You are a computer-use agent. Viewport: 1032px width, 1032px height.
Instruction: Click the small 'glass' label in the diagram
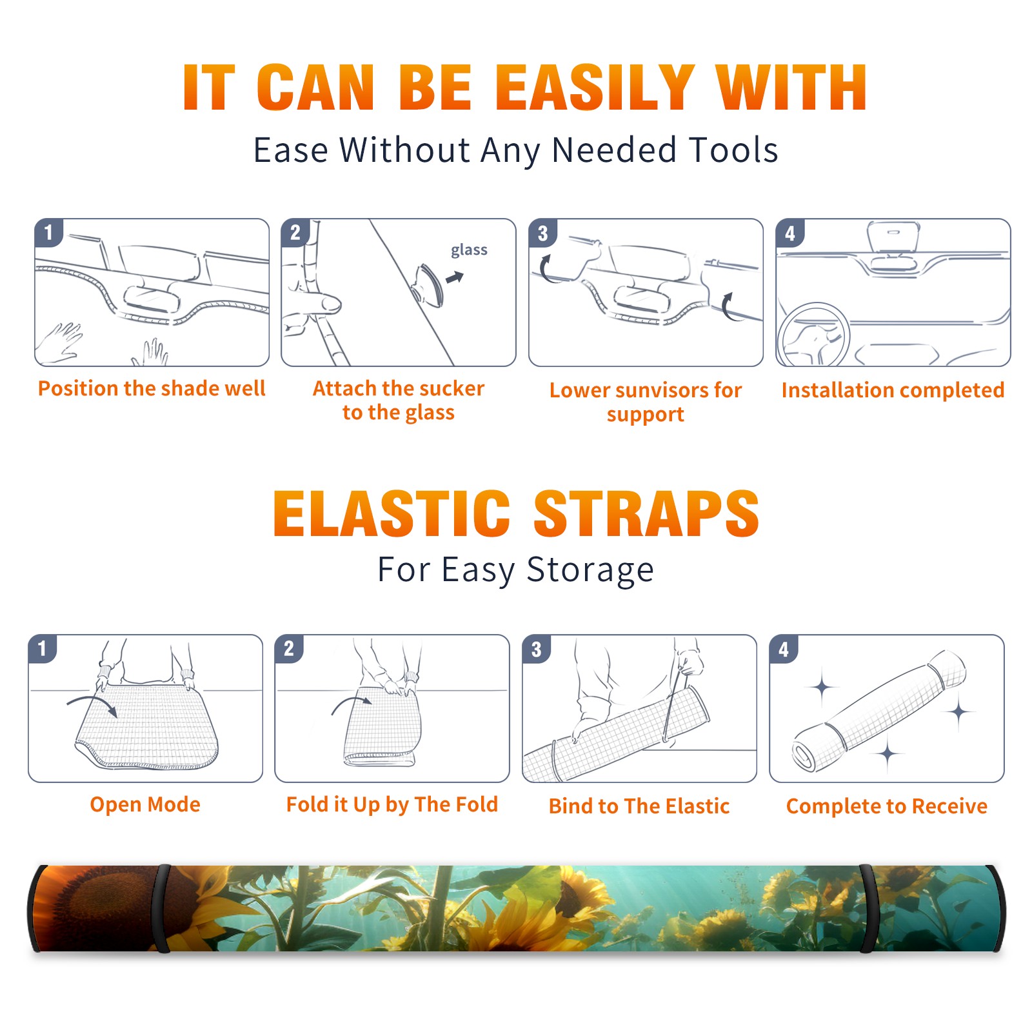[469, 250]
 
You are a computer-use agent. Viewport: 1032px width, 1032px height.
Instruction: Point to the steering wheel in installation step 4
[813, 335]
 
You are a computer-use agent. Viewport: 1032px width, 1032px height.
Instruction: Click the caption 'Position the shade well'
[152, 388]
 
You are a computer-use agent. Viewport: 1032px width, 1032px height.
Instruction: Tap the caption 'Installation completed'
[893, 390]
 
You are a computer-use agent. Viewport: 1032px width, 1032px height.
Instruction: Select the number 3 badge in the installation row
[542, 233]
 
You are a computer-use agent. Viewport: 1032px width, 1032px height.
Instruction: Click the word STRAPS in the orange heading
[646, 513]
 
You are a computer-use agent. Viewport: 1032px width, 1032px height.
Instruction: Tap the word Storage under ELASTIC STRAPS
[590, 570]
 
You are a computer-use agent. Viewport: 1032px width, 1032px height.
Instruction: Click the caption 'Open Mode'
[145, 804]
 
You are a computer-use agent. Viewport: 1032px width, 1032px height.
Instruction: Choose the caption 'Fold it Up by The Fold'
[392, 804]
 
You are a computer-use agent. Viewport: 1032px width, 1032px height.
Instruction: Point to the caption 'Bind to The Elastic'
[639, 806]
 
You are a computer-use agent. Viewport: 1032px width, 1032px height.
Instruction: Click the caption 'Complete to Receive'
[887, 806]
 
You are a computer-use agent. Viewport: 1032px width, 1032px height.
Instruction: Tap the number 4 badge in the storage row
[784, 649]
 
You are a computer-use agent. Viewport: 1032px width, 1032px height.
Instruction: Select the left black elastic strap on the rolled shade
[162, 908]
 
